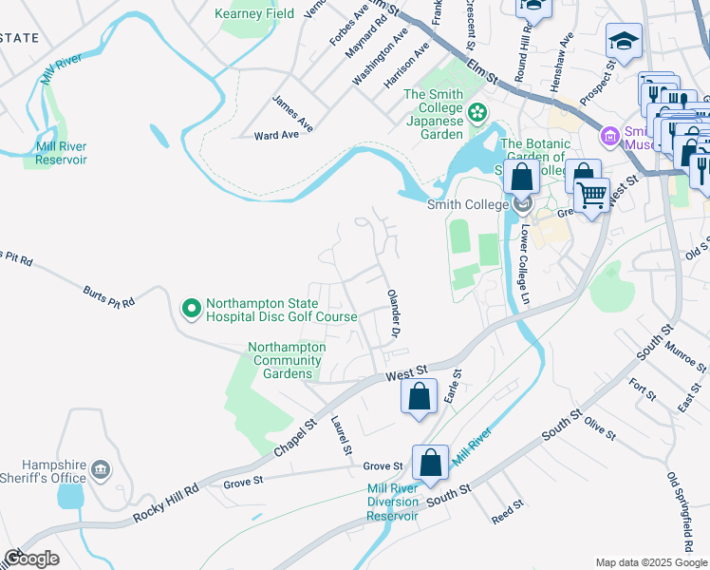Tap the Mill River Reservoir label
point(61,153)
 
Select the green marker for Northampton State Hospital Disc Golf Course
point(191,307)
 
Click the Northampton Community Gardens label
point(287,360)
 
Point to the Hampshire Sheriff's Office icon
point(100,469)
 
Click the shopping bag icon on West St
point(419,396)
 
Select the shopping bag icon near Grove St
point(430,463)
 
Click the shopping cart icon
point(592,195)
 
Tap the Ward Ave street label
point(276,136)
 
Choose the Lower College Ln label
point(523,266)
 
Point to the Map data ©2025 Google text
point(649,562)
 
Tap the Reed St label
point(508,512)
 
